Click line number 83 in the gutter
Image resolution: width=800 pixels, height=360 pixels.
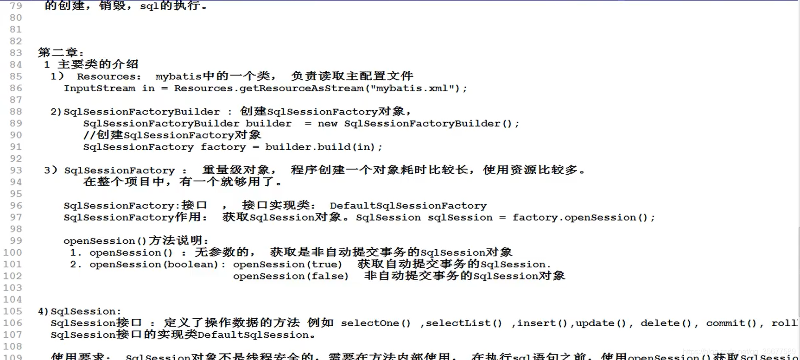click(x=16, y=53)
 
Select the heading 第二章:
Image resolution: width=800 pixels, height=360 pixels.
click(x=61, y=53)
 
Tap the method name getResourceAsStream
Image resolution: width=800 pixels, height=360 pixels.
click(x=302, y=88)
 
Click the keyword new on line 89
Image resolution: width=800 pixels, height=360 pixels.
click(x=327, y=124)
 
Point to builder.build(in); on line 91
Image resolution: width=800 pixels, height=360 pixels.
click(x=324, y=147)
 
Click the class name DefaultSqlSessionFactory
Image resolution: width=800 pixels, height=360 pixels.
click(x=408, y=206)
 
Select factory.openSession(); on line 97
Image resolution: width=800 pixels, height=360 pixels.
click(x=583, y=217)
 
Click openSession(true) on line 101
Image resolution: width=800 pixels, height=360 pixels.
click(x=287, y=265)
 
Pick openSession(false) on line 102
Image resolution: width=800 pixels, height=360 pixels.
click(x=291, y=276)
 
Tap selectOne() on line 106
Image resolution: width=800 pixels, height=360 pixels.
click(x=376, y=323)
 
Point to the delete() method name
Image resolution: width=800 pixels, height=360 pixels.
click(x=666, y=323)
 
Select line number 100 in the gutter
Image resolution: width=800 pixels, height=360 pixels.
click(x=13, y=253)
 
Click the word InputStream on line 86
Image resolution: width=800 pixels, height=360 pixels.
click(x=100, y=88)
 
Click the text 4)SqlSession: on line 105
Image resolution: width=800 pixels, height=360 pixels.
click(x=79, y=311)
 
